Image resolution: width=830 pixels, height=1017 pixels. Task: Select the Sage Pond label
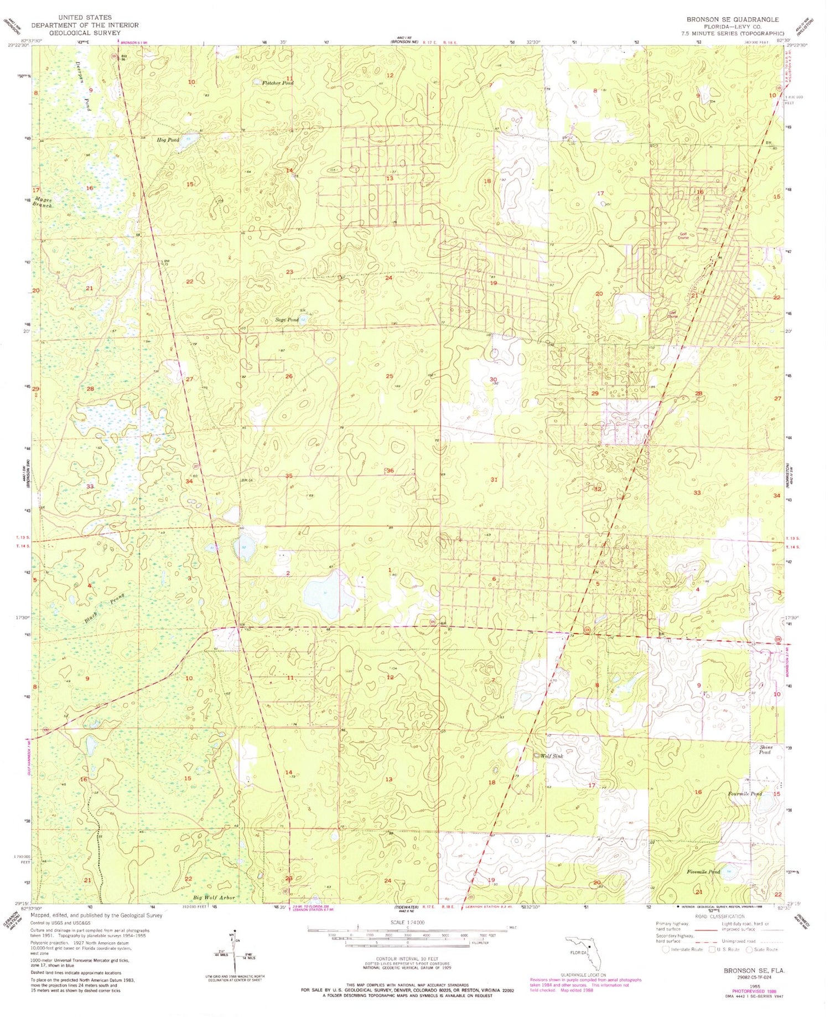287,320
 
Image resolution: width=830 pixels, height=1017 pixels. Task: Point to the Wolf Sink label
551,756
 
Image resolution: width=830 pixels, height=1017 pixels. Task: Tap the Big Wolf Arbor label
214,897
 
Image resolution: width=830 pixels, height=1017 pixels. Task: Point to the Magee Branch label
43,202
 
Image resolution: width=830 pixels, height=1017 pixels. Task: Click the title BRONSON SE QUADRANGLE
733,19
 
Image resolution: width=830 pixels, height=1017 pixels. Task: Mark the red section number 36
390,470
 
